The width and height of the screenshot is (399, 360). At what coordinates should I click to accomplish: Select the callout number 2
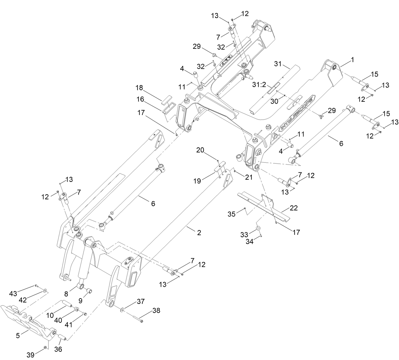click(199, 233)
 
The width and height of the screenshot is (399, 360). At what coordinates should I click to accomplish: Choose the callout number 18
click(139, 87)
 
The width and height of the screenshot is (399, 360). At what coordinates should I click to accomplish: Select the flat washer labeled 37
click(122, 308)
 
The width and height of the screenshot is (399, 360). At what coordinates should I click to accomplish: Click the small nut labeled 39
click(45, 348)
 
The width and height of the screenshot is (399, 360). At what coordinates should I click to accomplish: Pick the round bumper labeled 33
click(258, 228)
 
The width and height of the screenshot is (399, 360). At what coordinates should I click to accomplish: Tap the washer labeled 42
click(44, 290)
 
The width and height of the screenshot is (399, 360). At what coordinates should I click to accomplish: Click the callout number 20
click(200, 151)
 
